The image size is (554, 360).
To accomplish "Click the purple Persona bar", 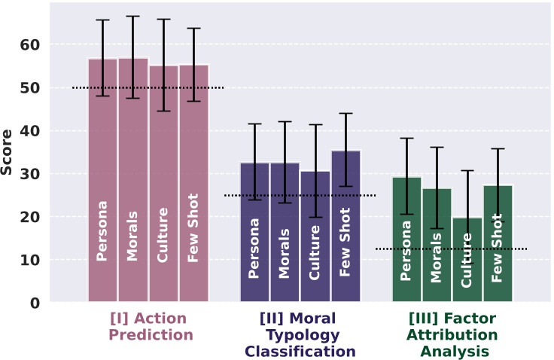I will coord(254,233).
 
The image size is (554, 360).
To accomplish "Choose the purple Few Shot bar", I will coord(345,226).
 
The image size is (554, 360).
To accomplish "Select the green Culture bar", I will coord(467,260).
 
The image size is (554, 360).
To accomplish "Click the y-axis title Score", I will coord(8,153).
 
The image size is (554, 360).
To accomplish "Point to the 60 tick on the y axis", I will coord(29,45).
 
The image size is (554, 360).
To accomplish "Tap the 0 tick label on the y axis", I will coord(34,303).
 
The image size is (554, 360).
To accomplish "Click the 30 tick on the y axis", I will coord(29,174).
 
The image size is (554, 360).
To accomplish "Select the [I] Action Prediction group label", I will coord(151,326).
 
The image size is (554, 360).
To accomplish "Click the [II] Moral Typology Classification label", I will coord(300,334).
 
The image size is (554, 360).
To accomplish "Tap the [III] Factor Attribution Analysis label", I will coord(452,334).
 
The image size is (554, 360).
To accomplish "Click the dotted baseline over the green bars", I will coord(452,249).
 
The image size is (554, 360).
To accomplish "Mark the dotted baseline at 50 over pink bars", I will coord(148,88).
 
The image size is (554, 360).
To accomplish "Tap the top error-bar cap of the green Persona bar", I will coord(406,139).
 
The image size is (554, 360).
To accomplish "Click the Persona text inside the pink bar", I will coord(102,230).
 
